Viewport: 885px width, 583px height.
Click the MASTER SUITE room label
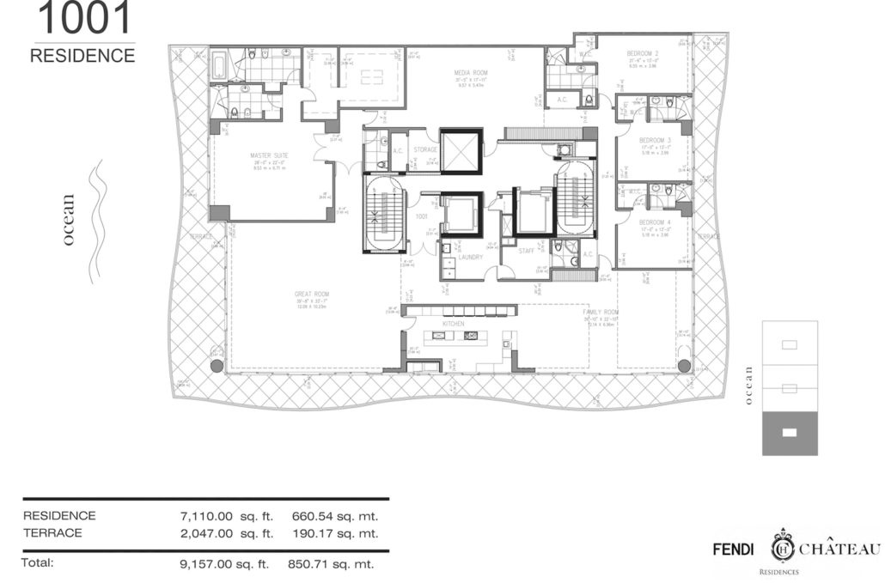[268, 155]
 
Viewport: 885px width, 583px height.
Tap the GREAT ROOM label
[312, 295]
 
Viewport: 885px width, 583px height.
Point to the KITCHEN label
[453, 324]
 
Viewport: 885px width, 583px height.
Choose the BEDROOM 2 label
[644, 54]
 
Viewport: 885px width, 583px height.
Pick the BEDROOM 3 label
[656, 140]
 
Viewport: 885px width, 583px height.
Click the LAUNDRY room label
[470, 257]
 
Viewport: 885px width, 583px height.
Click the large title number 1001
[84, 18]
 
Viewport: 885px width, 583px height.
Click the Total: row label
[39, 564]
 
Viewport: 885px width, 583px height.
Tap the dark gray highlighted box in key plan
[790, 432]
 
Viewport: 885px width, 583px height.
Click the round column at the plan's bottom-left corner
[216, 367]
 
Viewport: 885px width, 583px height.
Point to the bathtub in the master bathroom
[219, 64]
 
